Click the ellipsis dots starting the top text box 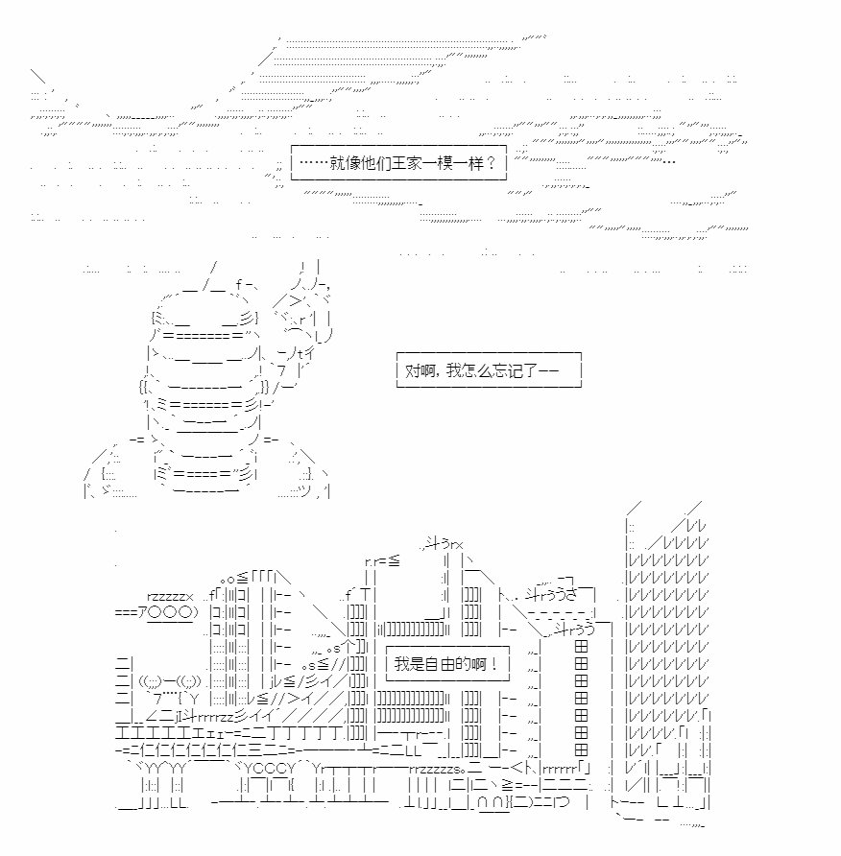(x=314, y=163)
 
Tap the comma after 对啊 (x=439, y=375)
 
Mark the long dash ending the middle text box (x=548, y=370)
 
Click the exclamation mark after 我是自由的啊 (x=493, y=664)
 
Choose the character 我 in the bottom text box (x=402, y=664)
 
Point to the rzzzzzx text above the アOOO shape (x=170, y=597)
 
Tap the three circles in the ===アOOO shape (x=170, y=612)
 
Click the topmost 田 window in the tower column (x=581, y=647)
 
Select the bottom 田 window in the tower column (x=581, y=749)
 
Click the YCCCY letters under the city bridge (x=269, y=768)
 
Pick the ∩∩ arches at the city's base (x=491, y=803)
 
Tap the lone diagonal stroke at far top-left (x=37, y=76)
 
